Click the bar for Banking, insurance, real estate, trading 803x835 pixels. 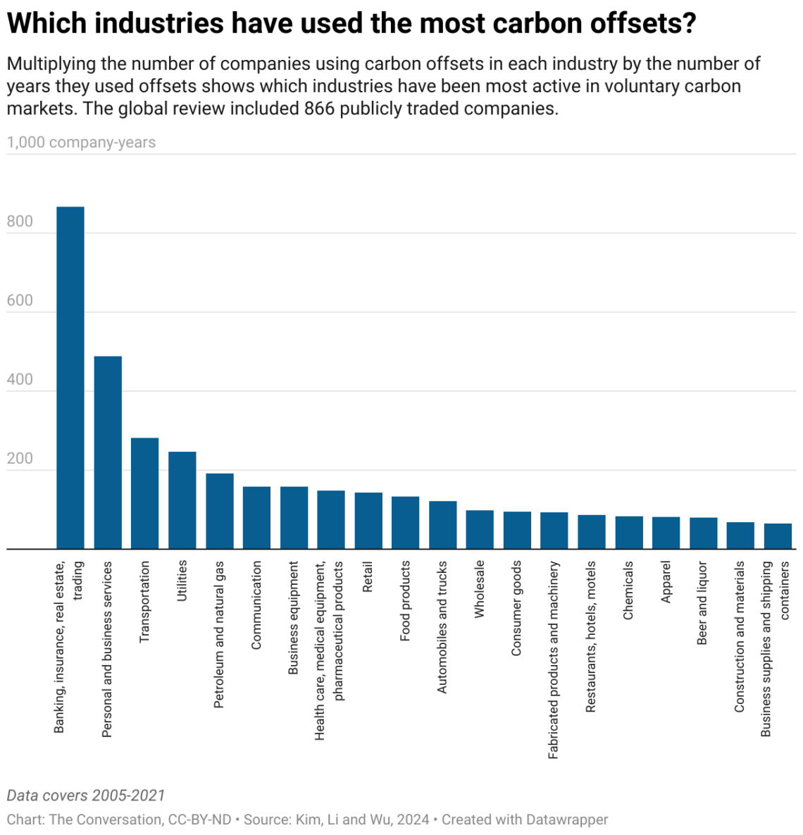click(x=70, y=378)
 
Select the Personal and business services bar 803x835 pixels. click(x=108, y=452)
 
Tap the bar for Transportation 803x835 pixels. click(x=145, y=493)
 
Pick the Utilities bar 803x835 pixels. click(x=182, y=500)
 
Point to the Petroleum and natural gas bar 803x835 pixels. click(x=220, y=511)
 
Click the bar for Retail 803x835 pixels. click(x=368, y=521)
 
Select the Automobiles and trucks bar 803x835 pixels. click(x=443, y=525)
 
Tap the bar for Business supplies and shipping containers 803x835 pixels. click(x=778, y=536)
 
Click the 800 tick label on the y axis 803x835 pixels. click(x=20, y=221)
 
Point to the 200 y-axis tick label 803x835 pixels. click(x=20, y=459)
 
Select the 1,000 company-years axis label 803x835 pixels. click(x=81, y=142)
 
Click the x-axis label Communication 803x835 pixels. click(x=256, y=605)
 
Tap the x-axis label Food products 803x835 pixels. click(x=405, y=600)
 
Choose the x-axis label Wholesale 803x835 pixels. click(x=480, y=589)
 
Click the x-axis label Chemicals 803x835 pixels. click(x=628, y=590)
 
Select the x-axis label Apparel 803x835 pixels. click(x=666, y=581)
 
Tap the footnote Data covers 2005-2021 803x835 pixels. click(x=86, y=796)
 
